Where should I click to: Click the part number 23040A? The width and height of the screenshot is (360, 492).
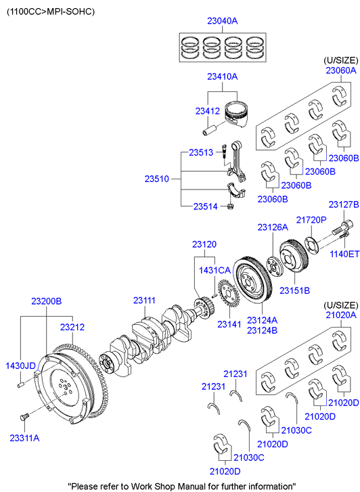click(x=222, y=21)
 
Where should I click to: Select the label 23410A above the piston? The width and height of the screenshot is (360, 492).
click(x=222, y=76)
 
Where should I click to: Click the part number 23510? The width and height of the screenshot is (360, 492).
click(x=157, y=179)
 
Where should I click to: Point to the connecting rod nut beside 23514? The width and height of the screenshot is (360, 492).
click(x=230, y=206)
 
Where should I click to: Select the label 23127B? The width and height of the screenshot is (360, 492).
click(x=344, y=204)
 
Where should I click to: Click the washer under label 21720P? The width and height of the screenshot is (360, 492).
click(x=312, y=244)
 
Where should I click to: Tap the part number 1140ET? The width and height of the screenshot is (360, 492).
click(x=344, y=254)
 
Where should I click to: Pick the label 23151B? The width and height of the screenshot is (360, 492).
click(x=294, y=291)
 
